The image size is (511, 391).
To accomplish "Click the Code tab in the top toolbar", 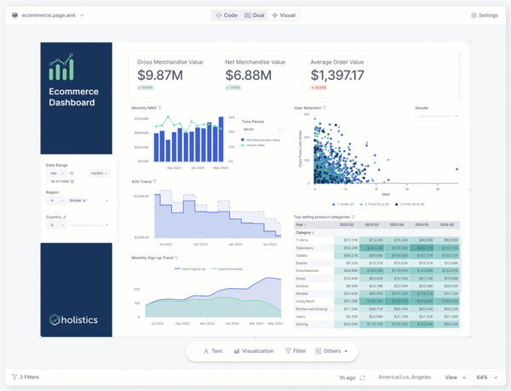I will point(226,15).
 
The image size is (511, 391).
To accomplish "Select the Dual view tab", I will point(254,15).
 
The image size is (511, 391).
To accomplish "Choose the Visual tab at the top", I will point(284,15).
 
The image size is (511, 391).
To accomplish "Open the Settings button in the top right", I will point(485,15).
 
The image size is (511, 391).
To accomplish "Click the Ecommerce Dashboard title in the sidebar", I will point(73,97).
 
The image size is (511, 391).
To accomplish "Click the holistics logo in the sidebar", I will point(77,320).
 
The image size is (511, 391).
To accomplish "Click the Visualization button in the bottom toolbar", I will point(254,350).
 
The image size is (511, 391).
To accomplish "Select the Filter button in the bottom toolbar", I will point(296,350).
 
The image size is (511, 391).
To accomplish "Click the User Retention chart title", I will point(308,109).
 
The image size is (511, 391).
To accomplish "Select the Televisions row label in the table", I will point(304,247).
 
